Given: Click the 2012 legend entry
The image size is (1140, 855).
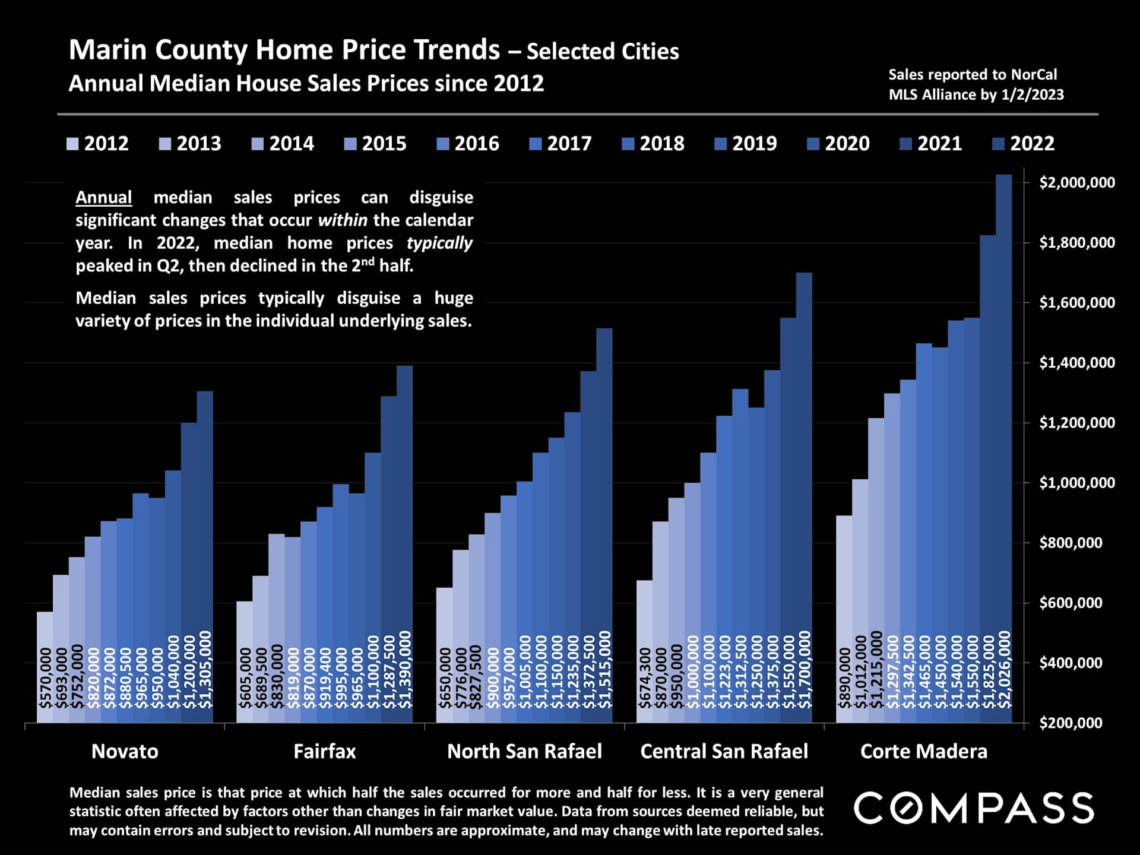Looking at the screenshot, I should click(x=98, y=144).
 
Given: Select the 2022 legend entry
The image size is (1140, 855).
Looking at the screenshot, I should click(x=1024, y=144).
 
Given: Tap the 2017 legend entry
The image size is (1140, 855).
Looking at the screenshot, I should click(x=561, y=144).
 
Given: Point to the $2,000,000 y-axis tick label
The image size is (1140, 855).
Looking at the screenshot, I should click(x=1077, y=182).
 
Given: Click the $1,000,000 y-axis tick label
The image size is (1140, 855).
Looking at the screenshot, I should click(x=1077, y=483).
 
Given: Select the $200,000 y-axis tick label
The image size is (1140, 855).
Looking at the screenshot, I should click(x=1071, y=723).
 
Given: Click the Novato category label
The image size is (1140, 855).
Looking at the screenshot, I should click(x=125, y=752).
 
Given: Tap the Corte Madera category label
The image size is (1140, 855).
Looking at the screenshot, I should click(x=924, y=752).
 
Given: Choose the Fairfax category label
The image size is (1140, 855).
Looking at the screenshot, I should click(x=325, y=752).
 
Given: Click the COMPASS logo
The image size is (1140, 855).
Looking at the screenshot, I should click(x=974, y=808).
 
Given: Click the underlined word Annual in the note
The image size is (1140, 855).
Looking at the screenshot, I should click(x=104, y=198).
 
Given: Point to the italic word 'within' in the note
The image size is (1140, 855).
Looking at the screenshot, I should click(x=343, y=220).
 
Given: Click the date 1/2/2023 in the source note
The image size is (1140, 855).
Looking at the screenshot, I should click(x=1033, y=95).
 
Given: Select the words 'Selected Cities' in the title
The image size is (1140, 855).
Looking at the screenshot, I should click(x=603, y=52).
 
